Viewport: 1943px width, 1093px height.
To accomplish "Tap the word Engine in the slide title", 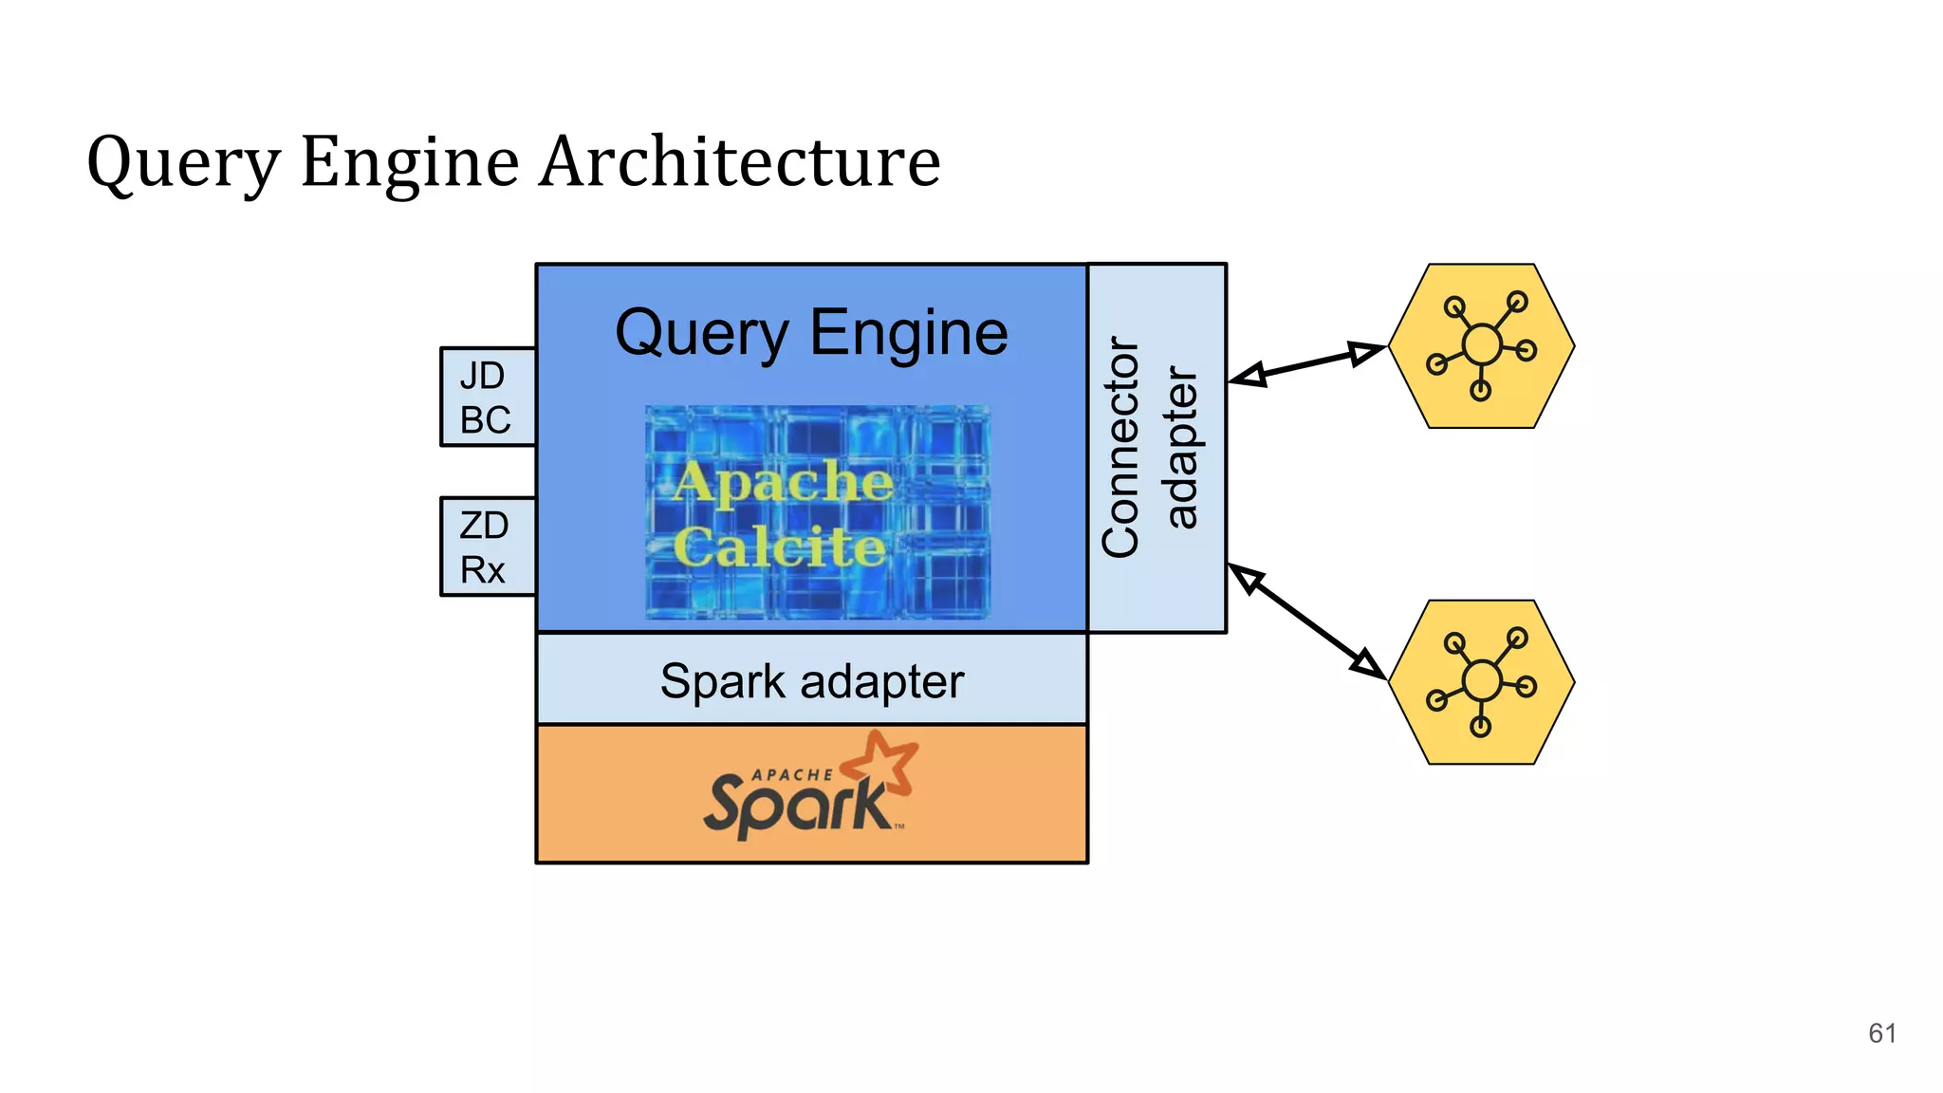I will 410,163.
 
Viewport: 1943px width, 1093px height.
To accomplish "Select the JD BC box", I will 488,398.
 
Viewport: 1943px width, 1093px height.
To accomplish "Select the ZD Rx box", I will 488,547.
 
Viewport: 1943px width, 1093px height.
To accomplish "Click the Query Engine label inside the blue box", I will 811,333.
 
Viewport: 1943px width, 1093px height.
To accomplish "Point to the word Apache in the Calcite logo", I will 784,481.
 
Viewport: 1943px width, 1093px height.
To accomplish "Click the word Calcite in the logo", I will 780,547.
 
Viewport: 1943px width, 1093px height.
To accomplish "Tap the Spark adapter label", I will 811,681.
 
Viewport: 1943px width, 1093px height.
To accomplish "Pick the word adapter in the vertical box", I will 1181,447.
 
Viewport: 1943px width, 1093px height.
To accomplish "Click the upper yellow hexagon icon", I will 1481,346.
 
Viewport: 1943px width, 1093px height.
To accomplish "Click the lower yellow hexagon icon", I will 1481,682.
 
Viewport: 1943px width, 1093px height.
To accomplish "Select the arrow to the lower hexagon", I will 1306,621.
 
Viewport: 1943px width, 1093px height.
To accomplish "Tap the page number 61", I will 1881,1033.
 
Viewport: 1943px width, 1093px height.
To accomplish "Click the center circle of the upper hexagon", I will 1482,344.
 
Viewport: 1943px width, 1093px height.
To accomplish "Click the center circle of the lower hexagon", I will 1482,680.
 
